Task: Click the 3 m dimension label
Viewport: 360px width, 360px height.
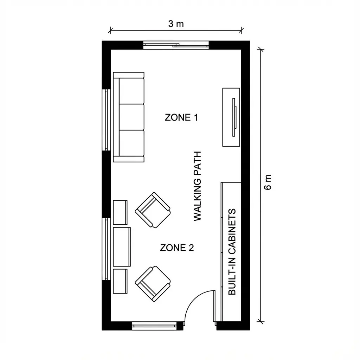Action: click(176, 24)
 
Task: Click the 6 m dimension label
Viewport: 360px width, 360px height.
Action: click(268, 182)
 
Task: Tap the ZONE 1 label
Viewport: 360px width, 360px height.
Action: click(181, 117)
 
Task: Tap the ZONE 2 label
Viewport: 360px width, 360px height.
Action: click(177, 248)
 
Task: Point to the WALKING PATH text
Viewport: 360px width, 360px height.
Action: click(198, 186)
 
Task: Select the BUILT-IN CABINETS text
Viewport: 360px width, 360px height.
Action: click(232, 252)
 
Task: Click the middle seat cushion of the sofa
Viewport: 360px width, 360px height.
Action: click(131, 117)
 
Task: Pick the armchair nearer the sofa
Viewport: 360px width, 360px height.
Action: click(153, 210)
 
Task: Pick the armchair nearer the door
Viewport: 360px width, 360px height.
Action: click(153, 284)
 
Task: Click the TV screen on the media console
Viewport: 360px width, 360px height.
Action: click(234, 117)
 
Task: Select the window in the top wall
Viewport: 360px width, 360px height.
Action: click(176, 45)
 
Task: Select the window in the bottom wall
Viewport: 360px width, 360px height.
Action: click(154, 326)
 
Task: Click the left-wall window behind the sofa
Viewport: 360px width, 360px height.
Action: click(106, 120)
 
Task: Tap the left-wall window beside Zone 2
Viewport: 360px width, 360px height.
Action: click(106, 249)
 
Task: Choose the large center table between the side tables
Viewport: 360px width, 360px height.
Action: click(122, 247)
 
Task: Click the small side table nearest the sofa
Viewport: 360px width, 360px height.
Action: click(120, 212)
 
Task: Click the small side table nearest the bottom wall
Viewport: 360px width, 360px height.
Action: click(120, 281)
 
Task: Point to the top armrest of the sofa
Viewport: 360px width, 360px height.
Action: click(129, 75)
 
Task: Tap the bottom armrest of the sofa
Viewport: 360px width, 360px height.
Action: click(129, 159)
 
